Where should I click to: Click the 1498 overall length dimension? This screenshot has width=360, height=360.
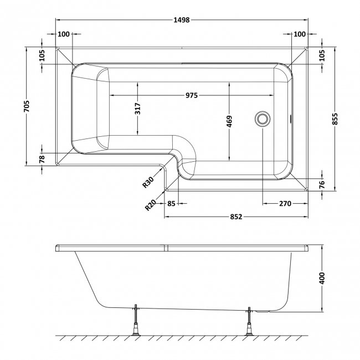pyautogui.click(x=182, y=20)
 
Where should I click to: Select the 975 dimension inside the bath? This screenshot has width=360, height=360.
pyautogui.click(x=192, y=95)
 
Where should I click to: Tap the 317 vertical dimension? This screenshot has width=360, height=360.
pyautogui.click(x=137, y=109)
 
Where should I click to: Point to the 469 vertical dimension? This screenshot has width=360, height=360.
pyautogui.click(x=229, y=121)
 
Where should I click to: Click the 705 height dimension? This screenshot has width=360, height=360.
pyautogui.click(x=27, y=106)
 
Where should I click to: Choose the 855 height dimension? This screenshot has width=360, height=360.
pyautogui.click(x=335, y=119)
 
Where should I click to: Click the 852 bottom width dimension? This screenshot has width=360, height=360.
pyautogui.click(x=236, y=217)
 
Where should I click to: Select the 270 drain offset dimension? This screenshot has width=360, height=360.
pyautogui.click(x=285, y=203)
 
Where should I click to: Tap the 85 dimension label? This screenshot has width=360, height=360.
pyautogui.click(x=171, y=203)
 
